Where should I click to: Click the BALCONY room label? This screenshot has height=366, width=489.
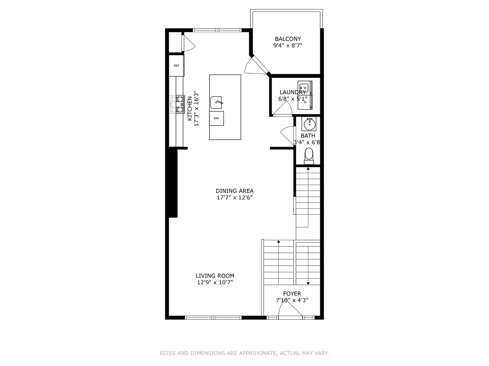pos(288,39)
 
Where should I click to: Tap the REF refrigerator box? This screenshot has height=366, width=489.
pos(177,65)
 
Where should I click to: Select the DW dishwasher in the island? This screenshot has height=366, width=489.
pos(216,118)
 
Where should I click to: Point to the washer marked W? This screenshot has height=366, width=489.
pos(305,88)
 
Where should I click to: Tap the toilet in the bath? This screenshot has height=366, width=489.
pos(309,156)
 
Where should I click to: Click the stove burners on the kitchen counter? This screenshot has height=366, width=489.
pos(177,104)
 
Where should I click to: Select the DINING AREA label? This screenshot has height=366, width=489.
pos(235,191)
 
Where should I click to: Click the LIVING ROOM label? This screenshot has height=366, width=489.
pos(215,276)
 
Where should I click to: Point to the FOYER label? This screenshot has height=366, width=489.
pos(292,293)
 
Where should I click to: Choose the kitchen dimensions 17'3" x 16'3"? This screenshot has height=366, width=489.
pos(196,108)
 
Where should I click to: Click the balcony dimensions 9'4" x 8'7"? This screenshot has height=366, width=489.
pos(288,45)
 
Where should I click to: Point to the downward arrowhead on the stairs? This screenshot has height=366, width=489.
pos(308,283)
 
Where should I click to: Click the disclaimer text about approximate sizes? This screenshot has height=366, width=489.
pos(244,353)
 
